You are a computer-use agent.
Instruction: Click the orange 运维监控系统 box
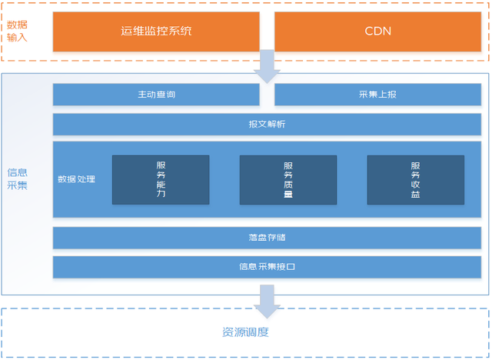156,32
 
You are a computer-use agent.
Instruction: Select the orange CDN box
377,32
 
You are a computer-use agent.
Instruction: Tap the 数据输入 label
17,30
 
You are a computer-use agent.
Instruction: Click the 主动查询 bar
156,95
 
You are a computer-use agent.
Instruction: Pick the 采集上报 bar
377,95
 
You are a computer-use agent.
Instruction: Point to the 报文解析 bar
267,124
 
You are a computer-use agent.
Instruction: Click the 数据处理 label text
77,179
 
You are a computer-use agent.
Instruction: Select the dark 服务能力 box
161,180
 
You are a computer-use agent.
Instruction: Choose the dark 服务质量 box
288,180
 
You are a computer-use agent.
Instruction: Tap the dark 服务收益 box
415,180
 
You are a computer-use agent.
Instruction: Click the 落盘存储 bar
267,238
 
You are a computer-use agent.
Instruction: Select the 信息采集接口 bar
267,267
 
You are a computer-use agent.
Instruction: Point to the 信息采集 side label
17,178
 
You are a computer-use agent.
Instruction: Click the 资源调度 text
245,332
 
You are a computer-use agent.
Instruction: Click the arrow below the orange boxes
267,66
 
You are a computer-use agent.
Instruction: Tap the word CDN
377,32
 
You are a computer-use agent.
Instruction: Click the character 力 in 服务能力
161,195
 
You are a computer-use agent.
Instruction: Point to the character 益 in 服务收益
415,195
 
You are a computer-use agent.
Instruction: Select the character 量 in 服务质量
288,195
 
